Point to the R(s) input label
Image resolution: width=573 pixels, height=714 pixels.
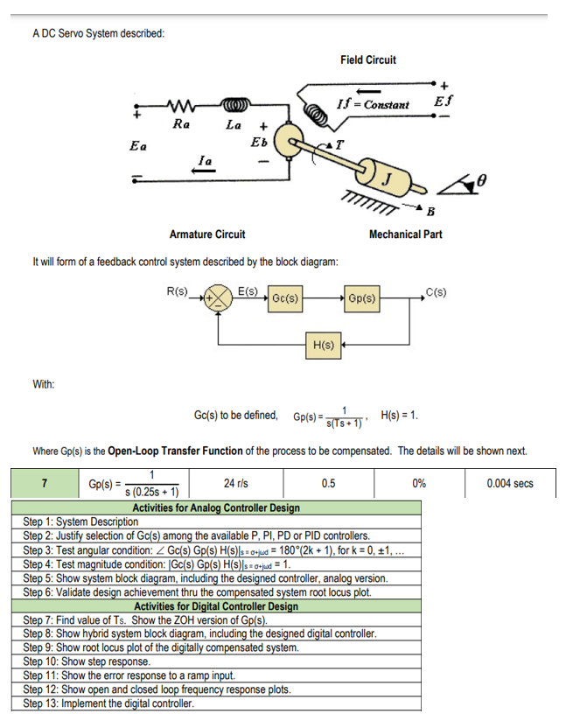point(177,290)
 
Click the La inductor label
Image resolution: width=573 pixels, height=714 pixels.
point(233,124)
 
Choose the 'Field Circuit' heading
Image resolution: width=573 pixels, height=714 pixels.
point(367,59)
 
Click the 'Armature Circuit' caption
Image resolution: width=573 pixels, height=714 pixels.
point(206,234)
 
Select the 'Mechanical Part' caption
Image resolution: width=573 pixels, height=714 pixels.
point(405,234)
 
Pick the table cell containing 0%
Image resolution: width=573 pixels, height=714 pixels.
point(419,482)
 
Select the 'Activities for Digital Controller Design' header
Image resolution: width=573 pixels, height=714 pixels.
point(215,605)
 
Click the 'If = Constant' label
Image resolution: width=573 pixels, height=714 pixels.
point(373,105)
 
